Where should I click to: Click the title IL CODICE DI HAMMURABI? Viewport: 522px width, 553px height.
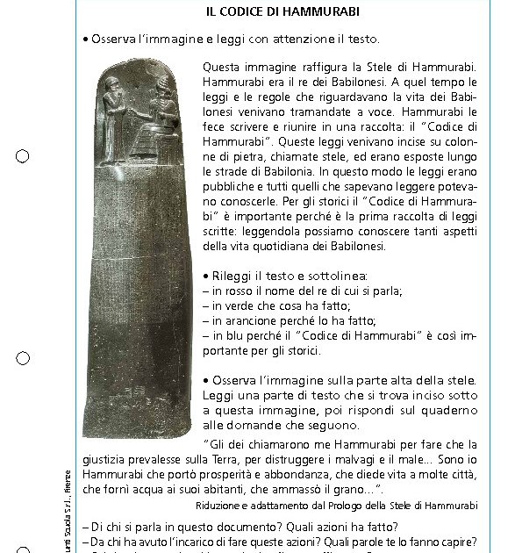click(x=270, y=12)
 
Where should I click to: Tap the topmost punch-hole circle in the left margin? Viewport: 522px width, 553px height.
click(x=23, y=156)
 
